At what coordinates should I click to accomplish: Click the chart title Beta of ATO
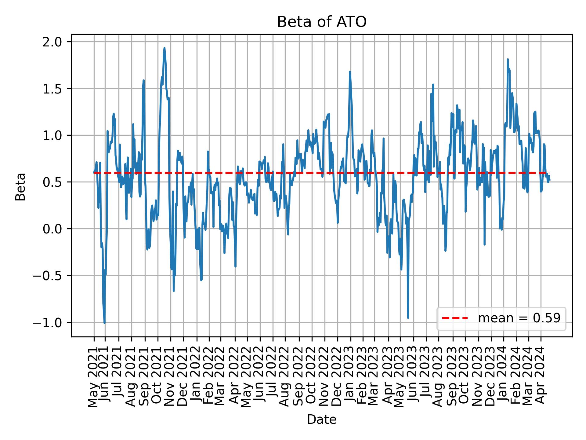(x=322, y=22)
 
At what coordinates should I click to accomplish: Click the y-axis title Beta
(x=20, y=187)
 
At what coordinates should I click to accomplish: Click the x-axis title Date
(x=322, y=420)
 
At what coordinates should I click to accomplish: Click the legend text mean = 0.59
(x=519, y=318)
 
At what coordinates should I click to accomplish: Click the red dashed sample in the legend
(x=455, y=318)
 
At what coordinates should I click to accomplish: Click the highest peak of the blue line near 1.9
(x=164, y=48)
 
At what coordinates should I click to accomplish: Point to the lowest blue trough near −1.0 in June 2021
(x=104, y=323)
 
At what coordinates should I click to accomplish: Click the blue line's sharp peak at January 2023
(x=350, y=72)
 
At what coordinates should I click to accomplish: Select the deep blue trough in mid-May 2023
(x=408, y=318)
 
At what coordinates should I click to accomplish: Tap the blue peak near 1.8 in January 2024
(x=508, y=59)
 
